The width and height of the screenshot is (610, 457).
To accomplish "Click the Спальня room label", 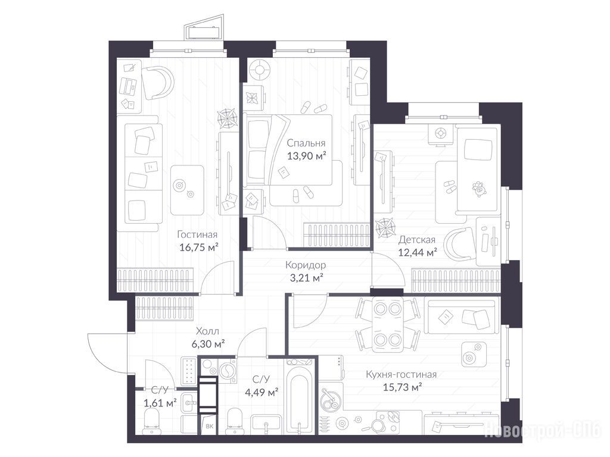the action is coord(306,143).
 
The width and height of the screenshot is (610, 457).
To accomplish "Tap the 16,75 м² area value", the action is coord(199,247).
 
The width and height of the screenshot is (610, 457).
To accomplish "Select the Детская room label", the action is coord(416,240).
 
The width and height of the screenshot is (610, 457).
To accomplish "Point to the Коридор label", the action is coord(306,265).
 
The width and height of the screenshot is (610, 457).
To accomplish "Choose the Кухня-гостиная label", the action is coord(401,375).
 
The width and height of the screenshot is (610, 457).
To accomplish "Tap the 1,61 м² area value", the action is coord(160,403).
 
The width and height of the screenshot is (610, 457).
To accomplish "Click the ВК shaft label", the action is coord(209,426).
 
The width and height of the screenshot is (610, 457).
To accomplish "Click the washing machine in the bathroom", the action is coord(226,371).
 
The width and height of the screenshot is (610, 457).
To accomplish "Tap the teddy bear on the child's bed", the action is coord(479,189).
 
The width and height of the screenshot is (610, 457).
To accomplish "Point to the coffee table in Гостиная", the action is coord(187,190).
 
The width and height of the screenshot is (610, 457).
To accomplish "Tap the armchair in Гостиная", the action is coord(157,83).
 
